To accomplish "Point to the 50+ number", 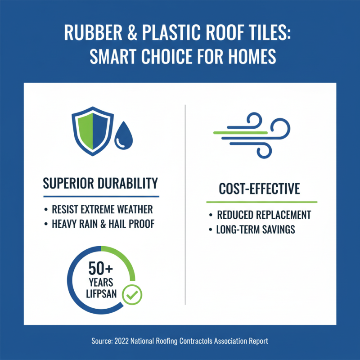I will pos(101,270).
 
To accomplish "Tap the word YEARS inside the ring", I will pos(101,284).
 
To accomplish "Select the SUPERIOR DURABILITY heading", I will pos(100,183).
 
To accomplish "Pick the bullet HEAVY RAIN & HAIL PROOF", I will pos(103,224).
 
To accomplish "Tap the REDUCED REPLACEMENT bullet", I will pos(264,215).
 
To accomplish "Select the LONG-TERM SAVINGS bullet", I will pos(256,229).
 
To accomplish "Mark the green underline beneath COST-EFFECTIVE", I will pos(261,202).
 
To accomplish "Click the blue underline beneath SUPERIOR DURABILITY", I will pos(101,197).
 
